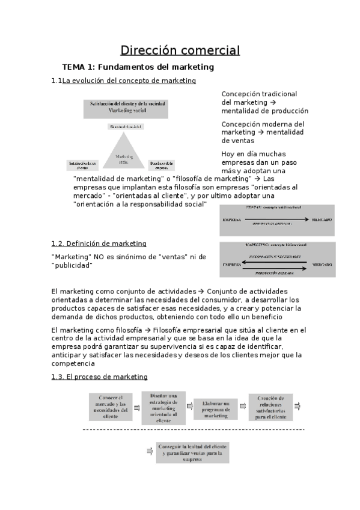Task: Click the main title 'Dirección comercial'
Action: [180, 50]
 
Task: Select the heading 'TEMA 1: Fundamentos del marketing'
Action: [138, 67]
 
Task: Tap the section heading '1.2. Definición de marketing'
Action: [99, 244]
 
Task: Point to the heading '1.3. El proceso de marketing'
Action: [99, 376]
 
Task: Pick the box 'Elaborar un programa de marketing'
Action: [216, 408]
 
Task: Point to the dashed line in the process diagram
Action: [192, 430]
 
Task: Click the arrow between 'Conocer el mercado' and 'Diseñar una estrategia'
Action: [136, 407]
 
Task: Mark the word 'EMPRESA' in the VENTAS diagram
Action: [232, 220]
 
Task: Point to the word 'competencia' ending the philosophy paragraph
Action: [73, 363]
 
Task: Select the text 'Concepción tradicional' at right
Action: [259, 94]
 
